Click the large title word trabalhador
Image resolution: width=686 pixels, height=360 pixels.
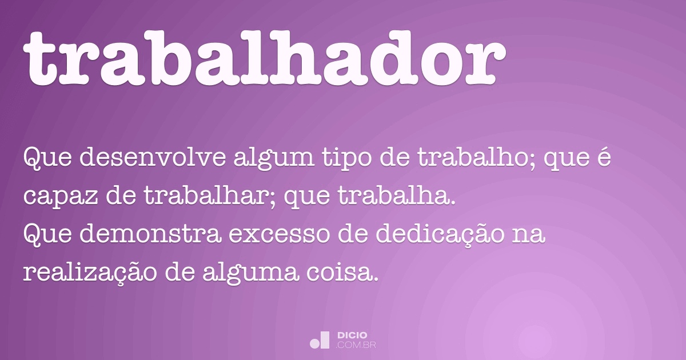click(x=264, y=58)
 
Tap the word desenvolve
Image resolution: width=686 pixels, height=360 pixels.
click(x=153, y=157)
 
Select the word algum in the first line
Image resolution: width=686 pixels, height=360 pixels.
click(x=274, y=159)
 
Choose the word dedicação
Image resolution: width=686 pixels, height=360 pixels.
click(x=440, y=235)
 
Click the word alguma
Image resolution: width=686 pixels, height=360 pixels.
click(x=250, y=274)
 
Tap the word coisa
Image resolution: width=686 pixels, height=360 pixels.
click(x=342, y=272)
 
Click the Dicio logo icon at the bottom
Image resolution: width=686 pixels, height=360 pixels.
click(x=320, y=340)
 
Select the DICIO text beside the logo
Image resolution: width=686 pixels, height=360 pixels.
click(x=352, y=335)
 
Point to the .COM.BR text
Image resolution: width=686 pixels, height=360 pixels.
click(x=356, y=345)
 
